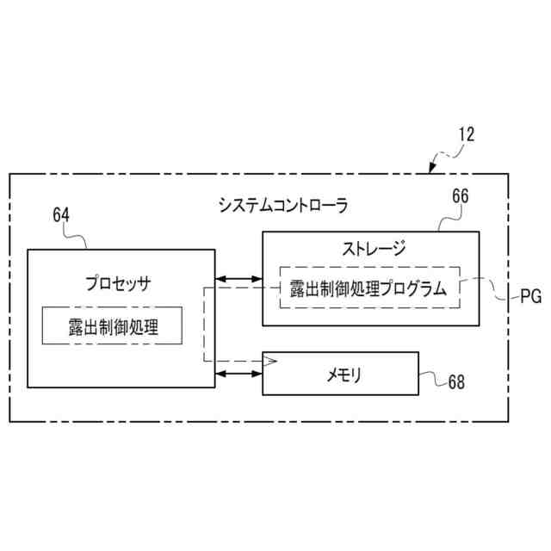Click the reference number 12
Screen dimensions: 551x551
[x=466, y=134]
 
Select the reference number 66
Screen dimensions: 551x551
[x=461, y=196]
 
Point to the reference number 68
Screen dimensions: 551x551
[x=455, y=382]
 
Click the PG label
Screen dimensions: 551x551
[x=531, y=298]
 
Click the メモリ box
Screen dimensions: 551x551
[x=340, y=374]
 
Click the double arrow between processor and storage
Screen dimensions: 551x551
[x=238, y=279]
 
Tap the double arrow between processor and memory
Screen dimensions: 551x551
[x=238, y=374]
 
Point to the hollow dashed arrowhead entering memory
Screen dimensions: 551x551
[x=270, y=361]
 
